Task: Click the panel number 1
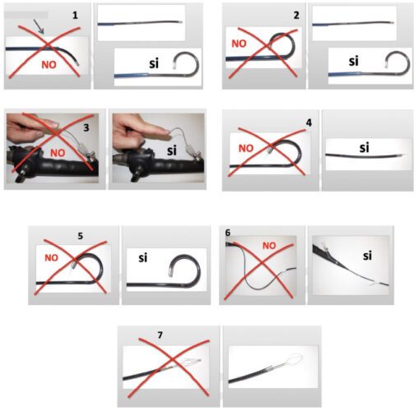click(75, 15)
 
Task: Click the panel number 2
click(296, 15)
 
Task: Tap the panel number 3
click(86, 127)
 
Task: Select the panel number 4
click(309, 123)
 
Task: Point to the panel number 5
click(80, 236)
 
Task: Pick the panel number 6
click(228, 233)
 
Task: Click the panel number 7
click(160, 335)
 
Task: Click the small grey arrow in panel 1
click(39, 26)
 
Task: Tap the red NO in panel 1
click(49, 65)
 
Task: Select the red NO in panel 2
click(239, 44)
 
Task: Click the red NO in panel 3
click(58, 153)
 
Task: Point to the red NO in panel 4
click(246, 148)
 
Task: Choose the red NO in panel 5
click(52, 257)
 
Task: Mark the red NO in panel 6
click(269, 246)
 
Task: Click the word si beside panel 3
click(172, 150)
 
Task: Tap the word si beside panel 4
click(365, 148)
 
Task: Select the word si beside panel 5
click(143, 258)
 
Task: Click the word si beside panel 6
click(367, 256)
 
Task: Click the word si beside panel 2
click(354, 61)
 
